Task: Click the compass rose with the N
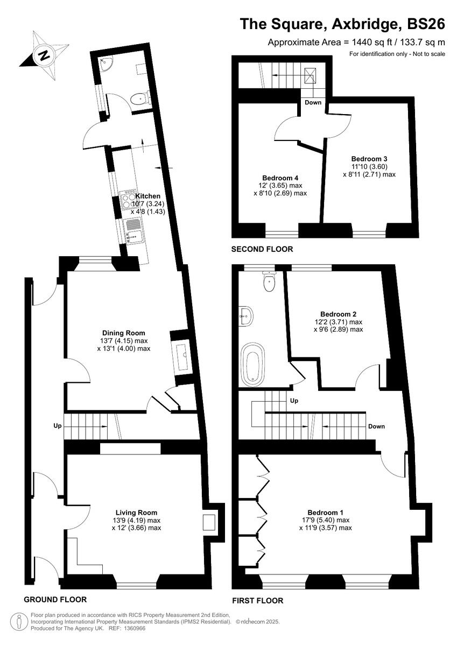pos(44,54)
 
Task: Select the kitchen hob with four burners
pos(129,200)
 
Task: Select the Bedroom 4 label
pos(280,178)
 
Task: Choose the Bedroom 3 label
pos(369,159)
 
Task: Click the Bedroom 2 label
pos(338,314)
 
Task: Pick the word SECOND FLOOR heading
pos(262,249)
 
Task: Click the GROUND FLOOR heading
pos(55,599)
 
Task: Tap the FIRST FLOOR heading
pos(257,601)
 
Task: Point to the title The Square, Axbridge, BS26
pos(342,24)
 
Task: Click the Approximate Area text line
pos(356,43)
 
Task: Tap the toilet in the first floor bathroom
pos(269,281)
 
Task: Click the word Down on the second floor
pos(313,102)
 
